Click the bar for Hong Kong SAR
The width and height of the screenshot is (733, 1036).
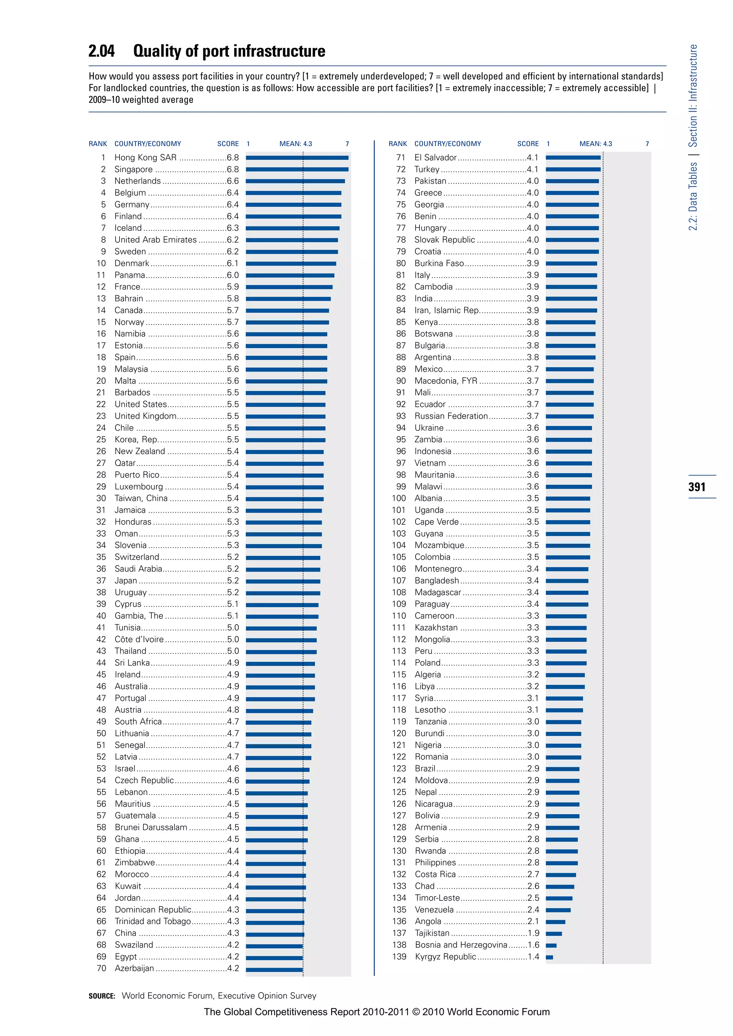[297, 157]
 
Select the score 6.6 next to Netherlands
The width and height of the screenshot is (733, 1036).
[233, 181]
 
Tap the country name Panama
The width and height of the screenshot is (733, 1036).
[130, 275]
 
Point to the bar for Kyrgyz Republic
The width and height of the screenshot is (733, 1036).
[549, 957]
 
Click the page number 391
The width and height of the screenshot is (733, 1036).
[696, 487]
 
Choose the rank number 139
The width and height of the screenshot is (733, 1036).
[399, 957]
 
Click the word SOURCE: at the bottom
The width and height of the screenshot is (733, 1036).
[102, 996]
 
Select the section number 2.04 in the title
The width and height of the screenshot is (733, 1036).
[102, 51]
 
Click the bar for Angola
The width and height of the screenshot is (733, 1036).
[555, 922]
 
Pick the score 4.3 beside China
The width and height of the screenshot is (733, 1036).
[233, 933]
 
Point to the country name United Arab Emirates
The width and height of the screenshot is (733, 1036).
[155, 240]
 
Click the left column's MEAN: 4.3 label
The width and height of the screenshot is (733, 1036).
[296, 144]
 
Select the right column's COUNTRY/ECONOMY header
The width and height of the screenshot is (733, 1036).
[448, 144]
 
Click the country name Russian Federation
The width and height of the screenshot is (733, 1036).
[451, 416]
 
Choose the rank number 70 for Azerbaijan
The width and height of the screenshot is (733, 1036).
[102, 968]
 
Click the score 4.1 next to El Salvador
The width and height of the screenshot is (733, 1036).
[533, 157]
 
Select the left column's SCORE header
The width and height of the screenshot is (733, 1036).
[228, 144]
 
